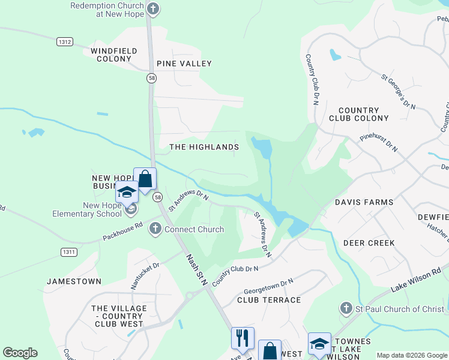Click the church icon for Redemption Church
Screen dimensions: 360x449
(x=154, y=9)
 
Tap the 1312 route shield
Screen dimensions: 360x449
(x=65, y=41)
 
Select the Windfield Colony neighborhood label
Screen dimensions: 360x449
(x=114, y=55)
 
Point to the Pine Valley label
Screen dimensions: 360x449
(x=184, y=64)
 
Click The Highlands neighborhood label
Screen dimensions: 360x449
(x=204, y=147)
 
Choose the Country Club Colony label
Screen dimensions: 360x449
(x=359, y=115)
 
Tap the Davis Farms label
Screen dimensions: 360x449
(x=364, y=203)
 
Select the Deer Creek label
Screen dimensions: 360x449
(x=369, y=243)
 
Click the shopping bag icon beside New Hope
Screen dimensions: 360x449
(x=145, y=179)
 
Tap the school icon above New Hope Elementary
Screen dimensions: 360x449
(x=127, y=192)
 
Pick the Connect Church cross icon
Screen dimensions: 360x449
(x=155, y=229)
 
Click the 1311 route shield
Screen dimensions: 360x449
(x=68, y=252)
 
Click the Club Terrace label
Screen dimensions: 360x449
(x=269, y=300)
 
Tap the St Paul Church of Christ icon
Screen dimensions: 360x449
(x=346, y=309)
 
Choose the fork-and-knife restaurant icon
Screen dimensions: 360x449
(x=243, y=338)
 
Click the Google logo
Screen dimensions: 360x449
(x=20, y=353)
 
